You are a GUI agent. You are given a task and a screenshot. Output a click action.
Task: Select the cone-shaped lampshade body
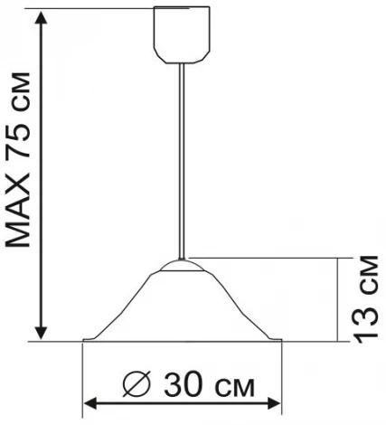[184, 307]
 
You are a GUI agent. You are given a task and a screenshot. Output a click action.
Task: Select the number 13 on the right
[367, 323]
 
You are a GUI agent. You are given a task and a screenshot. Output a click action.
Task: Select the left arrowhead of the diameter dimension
[89, 404]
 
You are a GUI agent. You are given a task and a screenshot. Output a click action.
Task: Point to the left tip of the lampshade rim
[84, 340]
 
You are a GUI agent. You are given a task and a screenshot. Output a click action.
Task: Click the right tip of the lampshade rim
[282, 340]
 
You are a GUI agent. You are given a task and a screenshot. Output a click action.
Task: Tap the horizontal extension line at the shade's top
[271, 258]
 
